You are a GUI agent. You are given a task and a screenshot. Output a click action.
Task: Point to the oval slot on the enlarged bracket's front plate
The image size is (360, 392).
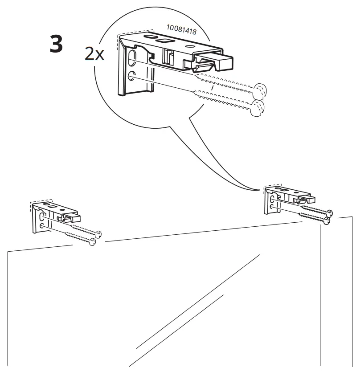[132, 58]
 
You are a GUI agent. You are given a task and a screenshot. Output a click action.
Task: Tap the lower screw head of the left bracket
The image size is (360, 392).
[92, 242]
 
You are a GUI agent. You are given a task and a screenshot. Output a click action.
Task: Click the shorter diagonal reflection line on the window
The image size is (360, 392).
[178, 321]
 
